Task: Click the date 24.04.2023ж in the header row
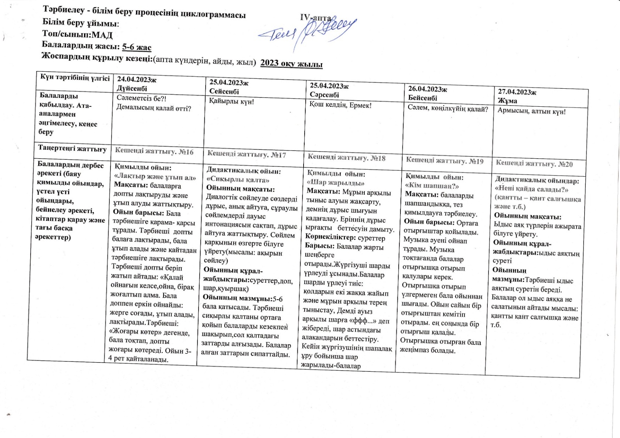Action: click(x=137, y=80)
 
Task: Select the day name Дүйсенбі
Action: click(x=132, y=88)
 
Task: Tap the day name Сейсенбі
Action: click(x=224, y=91)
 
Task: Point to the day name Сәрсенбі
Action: click(x=325, y=95)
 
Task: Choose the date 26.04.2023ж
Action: click(x=428, y=89)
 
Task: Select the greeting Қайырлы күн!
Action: click(x=231, y=102)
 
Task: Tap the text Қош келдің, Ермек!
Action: click(x=340, y=105)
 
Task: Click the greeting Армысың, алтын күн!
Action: click(x=532, y=112)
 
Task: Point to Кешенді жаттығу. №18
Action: click(x=346, y=158)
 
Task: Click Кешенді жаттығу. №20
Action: click(x=534, y=163)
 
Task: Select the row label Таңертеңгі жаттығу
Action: click(x=72, y=148)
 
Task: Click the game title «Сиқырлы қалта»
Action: click(x=238, y=180)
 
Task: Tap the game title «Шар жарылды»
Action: click(x=336, y=183)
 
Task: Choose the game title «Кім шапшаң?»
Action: click(x=432, y=186)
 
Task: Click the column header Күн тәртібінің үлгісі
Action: click(x=75, y=78)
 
